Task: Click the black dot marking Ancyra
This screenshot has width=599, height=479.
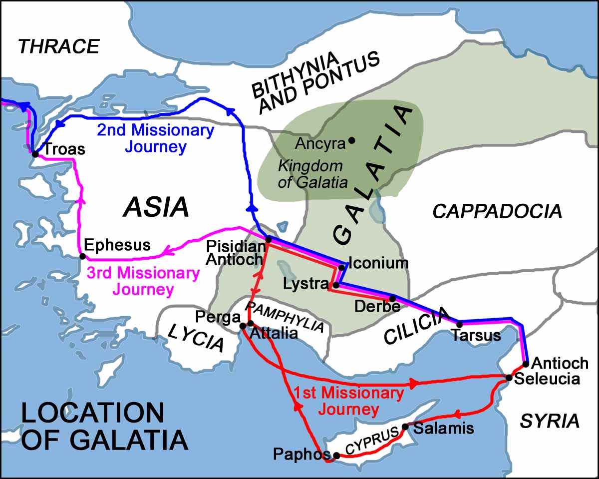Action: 351,141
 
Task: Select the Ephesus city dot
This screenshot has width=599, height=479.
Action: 83,257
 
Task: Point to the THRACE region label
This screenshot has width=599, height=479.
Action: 59,46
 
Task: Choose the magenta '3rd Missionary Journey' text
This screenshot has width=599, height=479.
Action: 143,281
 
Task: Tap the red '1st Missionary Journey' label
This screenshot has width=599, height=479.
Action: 348,401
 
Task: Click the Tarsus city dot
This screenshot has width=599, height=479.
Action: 459,324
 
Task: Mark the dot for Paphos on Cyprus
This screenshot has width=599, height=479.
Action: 336,455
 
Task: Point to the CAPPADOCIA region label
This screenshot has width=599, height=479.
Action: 497,211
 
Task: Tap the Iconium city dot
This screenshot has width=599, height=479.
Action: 342,267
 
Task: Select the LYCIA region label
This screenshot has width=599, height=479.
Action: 195,337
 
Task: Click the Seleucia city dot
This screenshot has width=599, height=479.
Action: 509,378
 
